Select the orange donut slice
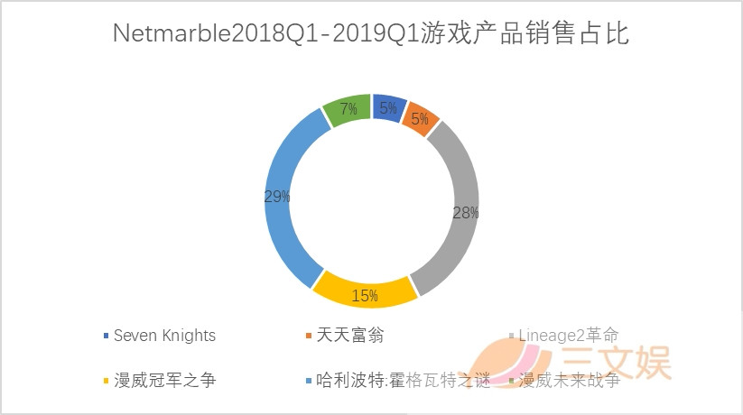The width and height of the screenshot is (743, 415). click(x=423, y=119)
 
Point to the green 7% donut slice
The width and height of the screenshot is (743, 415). click(x=348, y=109)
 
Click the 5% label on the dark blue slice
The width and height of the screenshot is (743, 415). click(x=388, y=109)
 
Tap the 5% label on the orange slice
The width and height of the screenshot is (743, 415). click(x=421, y=119)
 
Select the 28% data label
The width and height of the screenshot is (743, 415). click(x=465, y=213)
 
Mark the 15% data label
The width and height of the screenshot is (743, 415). click(x=365, y=296)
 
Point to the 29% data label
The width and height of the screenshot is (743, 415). click(x=277, y=196)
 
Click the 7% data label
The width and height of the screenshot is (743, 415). click(x=348, y=109)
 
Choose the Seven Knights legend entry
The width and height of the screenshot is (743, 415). click(x=163, y=336)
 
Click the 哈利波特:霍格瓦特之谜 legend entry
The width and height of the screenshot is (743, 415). click(x=402, y=380)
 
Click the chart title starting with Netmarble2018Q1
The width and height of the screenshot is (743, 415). click(x=371, y=34)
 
